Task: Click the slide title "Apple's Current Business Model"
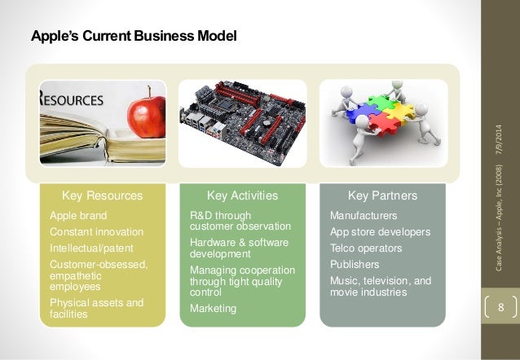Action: [134, 37]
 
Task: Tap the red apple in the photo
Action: [148, 113]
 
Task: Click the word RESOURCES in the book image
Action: [73, 100]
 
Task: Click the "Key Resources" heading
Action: [102, 195]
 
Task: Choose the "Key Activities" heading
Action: [242, 195]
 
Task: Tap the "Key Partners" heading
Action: [382, 195]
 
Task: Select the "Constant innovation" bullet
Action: [96, 232]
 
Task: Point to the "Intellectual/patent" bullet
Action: [90, 248]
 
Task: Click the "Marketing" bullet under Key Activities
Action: [213, 309]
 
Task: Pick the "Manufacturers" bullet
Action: [363, 216]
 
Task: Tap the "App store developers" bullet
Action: [380, 232]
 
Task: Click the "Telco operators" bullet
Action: [366, 248]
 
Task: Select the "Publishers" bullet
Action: [355, 264]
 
